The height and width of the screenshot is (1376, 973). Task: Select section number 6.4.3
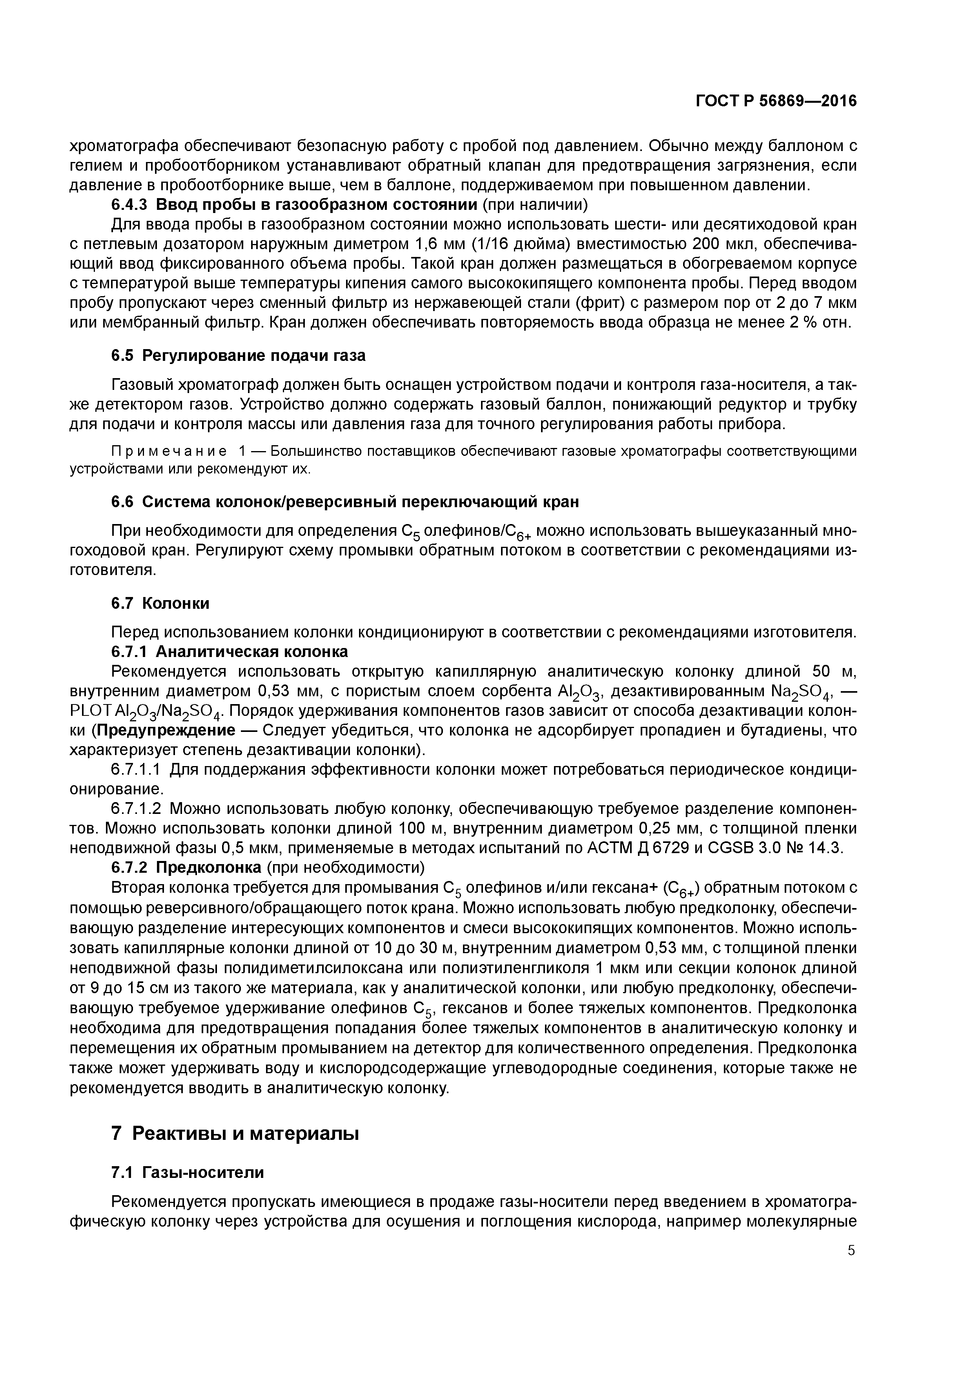(x=129, y=205)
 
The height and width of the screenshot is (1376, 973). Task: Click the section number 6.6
(x=124, y=502)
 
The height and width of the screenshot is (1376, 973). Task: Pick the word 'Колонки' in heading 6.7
(x=176, y=603)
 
